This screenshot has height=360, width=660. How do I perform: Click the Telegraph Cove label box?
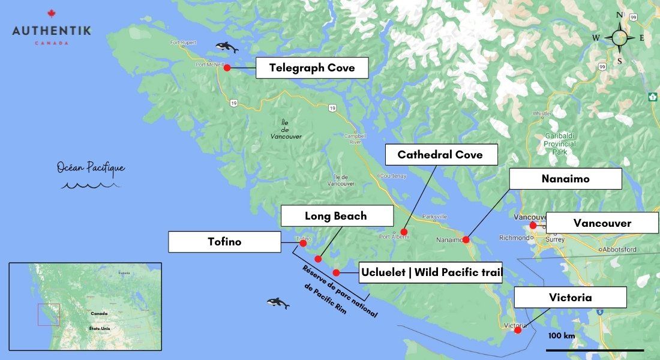click(311, 68)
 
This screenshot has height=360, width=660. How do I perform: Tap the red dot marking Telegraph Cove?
click(227, 68)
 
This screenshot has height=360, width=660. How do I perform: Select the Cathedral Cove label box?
click(440, 155)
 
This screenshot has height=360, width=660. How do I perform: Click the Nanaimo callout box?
click(565, 179)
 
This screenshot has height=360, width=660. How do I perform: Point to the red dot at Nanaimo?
click(466, 239)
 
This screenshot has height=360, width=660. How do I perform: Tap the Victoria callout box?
click(570, 298)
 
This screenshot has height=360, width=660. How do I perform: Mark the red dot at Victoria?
click(518, 329)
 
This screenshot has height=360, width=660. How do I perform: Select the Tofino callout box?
click(224, 242)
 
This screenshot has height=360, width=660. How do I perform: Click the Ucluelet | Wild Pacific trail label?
click(431, 273)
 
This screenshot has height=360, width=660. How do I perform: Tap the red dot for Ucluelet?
click(337, 272)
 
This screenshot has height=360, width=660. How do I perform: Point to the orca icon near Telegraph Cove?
click(227, 47)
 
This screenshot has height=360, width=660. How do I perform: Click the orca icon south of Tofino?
click(278, 303)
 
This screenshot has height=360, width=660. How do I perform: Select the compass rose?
click(620, 38)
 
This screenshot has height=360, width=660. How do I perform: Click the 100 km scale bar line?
click(595, 350)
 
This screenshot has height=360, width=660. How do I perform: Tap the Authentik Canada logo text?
click(52, 30)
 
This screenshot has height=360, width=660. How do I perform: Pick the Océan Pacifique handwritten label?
click(91, 168)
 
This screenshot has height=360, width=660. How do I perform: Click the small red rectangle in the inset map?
click(49, 314)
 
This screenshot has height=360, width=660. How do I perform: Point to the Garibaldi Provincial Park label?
click(560, 144)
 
